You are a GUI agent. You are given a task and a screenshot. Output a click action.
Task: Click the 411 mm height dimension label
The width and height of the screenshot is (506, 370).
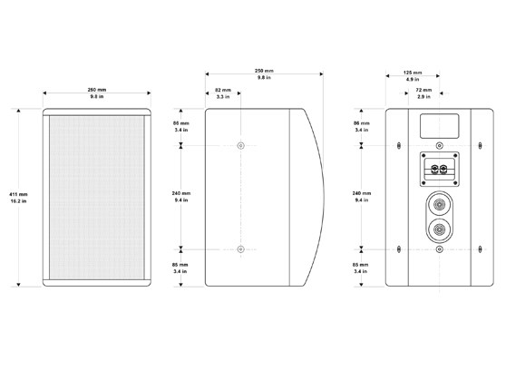(x=17, y=198)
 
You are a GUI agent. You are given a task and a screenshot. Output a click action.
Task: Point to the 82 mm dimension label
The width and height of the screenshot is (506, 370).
(x=222, y=93)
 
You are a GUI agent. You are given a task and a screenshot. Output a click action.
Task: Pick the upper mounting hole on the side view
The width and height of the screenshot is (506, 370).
(x=239, y=146)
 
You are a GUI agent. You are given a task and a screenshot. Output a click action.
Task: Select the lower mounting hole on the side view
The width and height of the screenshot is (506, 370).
(x=239, y=248)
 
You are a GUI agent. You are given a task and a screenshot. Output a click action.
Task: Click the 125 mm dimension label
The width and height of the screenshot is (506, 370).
(x=414, y=74)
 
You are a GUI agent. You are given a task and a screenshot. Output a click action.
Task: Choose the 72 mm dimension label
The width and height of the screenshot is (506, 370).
(x=423, y=93)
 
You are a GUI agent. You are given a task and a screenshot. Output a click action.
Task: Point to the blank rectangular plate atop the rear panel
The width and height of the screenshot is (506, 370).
(x=440, y=124)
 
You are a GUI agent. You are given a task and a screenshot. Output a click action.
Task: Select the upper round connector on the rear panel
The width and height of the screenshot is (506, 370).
(x=440, y=204)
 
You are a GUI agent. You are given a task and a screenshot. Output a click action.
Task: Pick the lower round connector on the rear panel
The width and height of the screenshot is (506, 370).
(x=440, y=230)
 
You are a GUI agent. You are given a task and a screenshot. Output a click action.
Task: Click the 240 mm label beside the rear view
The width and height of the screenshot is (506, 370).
(x=360, y=197)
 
